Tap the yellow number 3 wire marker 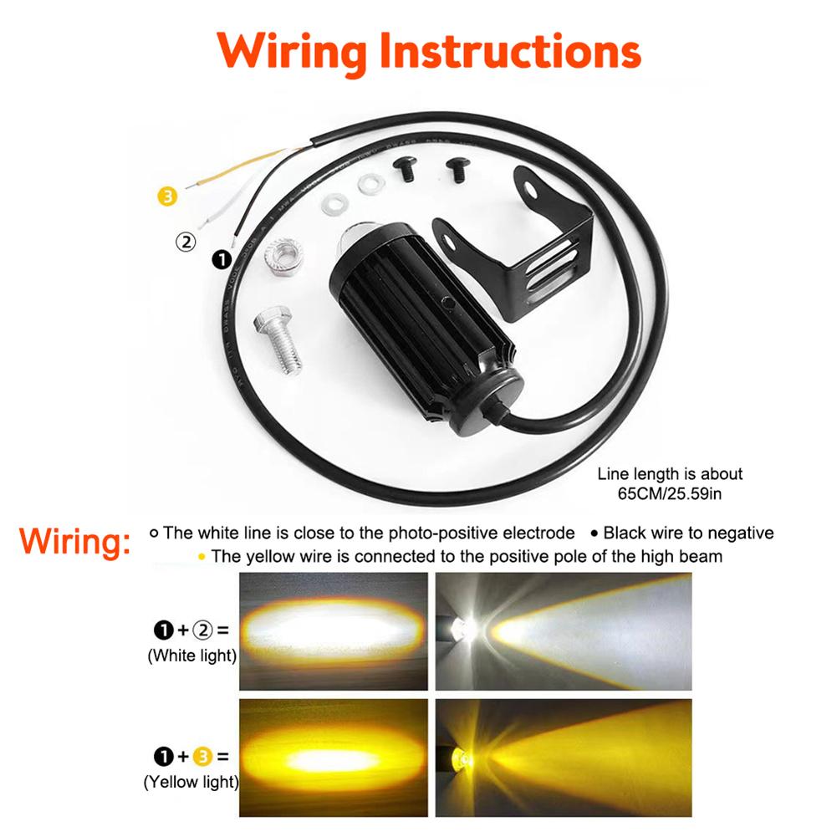(167, 198)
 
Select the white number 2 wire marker (185, 242)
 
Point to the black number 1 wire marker (222, 260)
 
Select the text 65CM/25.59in (670, 493)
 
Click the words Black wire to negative (688, 533)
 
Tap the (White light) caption (192, 656)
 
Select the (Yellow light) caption (191, 783)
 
